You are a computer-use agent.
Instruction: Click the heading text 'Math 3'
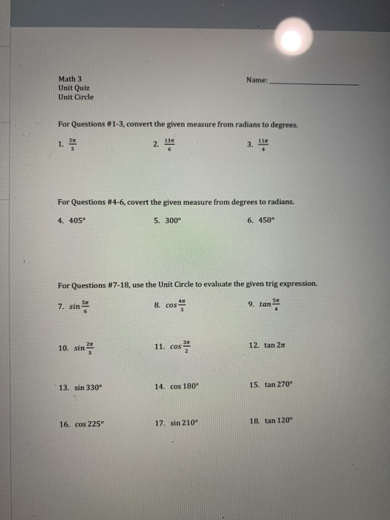pyautogui.click(x=71, y=77)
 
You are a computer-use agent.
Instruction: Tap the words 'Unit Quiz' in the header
pyautogui.click(x=74, y=87)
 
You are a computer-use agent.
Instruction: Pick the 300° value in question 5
pyautogui.click(x=171, y=221)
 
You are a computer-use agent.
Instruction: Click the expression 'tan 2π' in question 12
pyautogui.click(x=270, y=346)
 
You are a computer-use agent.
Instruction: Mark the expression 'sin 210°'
pyautogui.click(x=179, y=424)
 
